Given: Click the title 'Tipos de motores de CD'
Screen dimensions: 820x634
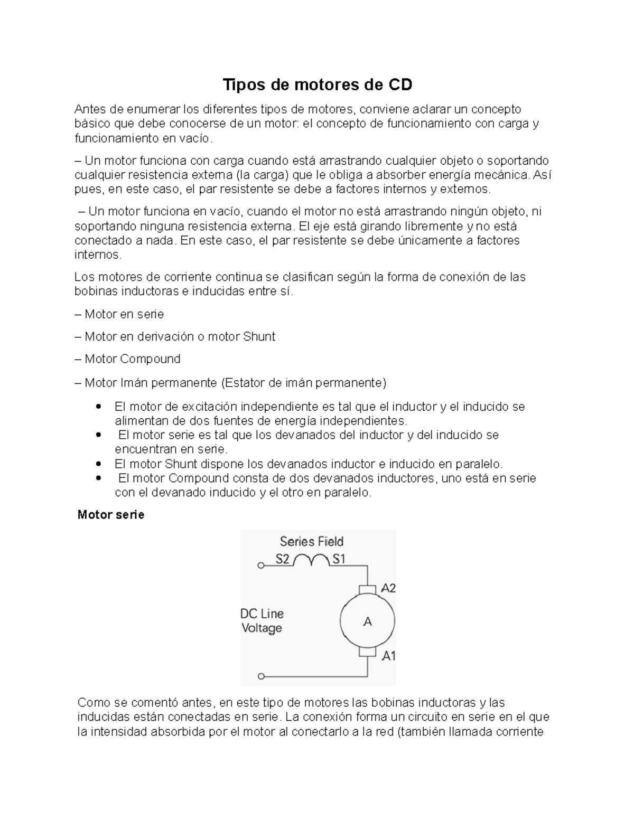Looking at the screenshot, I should (x=317, y=84).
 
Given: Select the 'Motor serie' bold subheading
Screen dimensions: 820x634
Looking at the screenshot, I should (x=111, y=515).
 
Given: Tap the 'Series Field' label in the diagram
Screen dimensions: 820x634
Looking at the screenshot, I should (x=311, y=541).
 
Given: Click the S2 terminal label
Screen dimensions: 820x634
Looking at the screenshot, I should (x=283, y=559).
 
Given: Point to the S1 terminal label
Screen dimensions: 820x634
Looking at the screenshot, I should (x=338, y=559).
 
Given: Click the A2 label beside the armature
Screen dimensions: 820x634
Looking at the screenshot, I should (x=388, y=588).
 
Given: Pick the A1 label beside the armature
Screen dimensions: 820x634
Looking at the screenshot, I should (x=388, y=656).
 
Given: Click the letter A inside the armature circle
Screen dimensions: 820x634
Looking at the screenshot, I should (x=367, y=622).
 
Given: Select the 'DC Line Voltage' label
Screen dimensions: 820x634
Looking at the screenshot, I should (x=263, y=621).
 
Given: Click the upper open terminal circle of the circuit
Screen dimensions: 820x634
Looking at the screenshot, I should (x=260, y=565).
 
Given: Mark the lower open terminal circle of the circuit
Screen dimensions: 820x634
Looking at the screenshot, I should (x=260, y=676).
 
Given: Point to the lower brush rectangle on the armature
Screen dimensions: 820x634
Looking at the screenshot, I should (x=367, y=653).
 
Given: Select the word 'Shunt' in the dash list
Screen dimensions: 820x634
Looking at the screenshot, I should (x=259, y=337).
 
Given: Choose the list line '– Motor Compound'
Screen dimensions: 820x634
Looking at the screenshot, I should (x=128, y=359).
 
